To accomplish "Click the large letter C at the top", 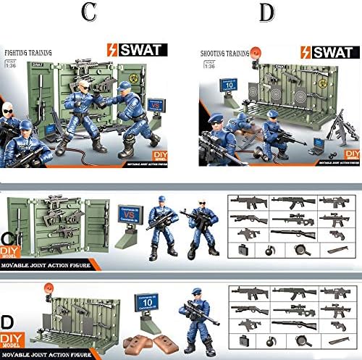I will (89, 12).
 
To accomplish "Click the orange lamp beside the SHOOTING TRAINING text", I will (255, 50).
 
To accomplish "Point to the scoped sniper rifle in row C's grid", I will (292, 217).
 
